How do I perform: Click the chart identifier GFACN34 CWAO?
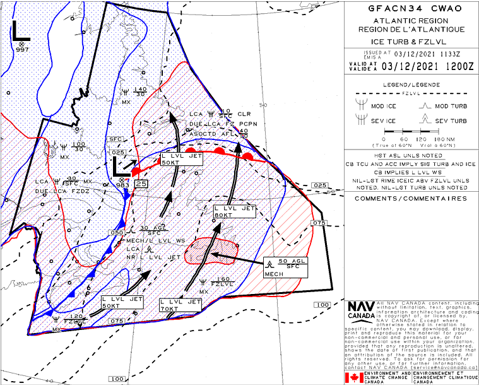point(411,9)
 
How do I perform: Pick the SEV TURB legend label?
point(451,120)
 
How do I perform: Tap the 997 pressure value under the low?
point(23,49)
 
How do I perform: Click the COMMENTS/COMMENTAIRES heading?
point(411,198)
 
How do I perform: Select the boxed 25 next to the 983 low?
point(141,184)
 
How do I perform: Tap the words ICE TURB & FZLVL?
point(411,41)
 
